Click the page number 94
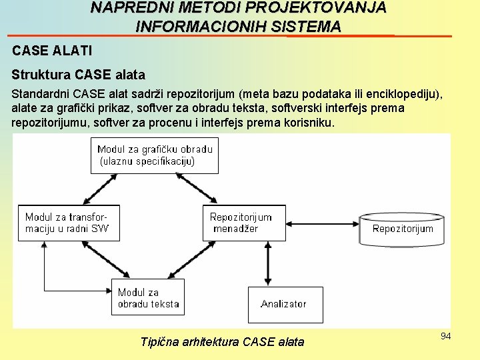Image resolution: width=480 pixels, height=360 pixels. [x=445, y=336]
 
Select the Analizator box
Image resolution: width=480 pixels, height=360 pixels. [x=285, y=304]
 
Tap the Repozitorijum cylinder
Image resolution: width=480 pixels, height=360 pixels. [x=403, y=229]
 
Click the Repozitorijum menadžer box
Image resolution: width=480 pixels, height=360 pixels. [x=244, y=223]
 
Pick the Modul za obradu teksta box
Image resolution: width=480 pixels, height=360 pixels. [x=148, y=297]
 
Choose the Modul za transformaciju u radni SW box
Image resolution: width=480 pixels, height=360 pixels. [x=68, y=223]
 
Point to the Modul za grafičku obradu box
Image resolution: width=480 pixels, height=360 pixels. [x=155, y=155]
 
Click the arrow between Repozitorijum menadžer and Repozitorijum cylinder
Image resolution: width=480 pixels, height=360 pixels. [x=322, y=223]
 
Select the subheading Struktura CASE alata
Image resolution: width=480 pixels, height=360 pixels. [x=79, y=75]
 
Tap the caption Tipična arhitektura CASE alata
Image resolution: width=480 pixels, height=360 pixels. [x=222, y=342]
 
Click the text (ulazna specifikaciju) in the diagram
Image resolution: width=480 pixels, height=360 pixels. [x=147, y=161]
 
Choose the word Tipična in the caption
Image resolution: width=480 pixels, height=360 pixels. [x=160, y=342]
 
